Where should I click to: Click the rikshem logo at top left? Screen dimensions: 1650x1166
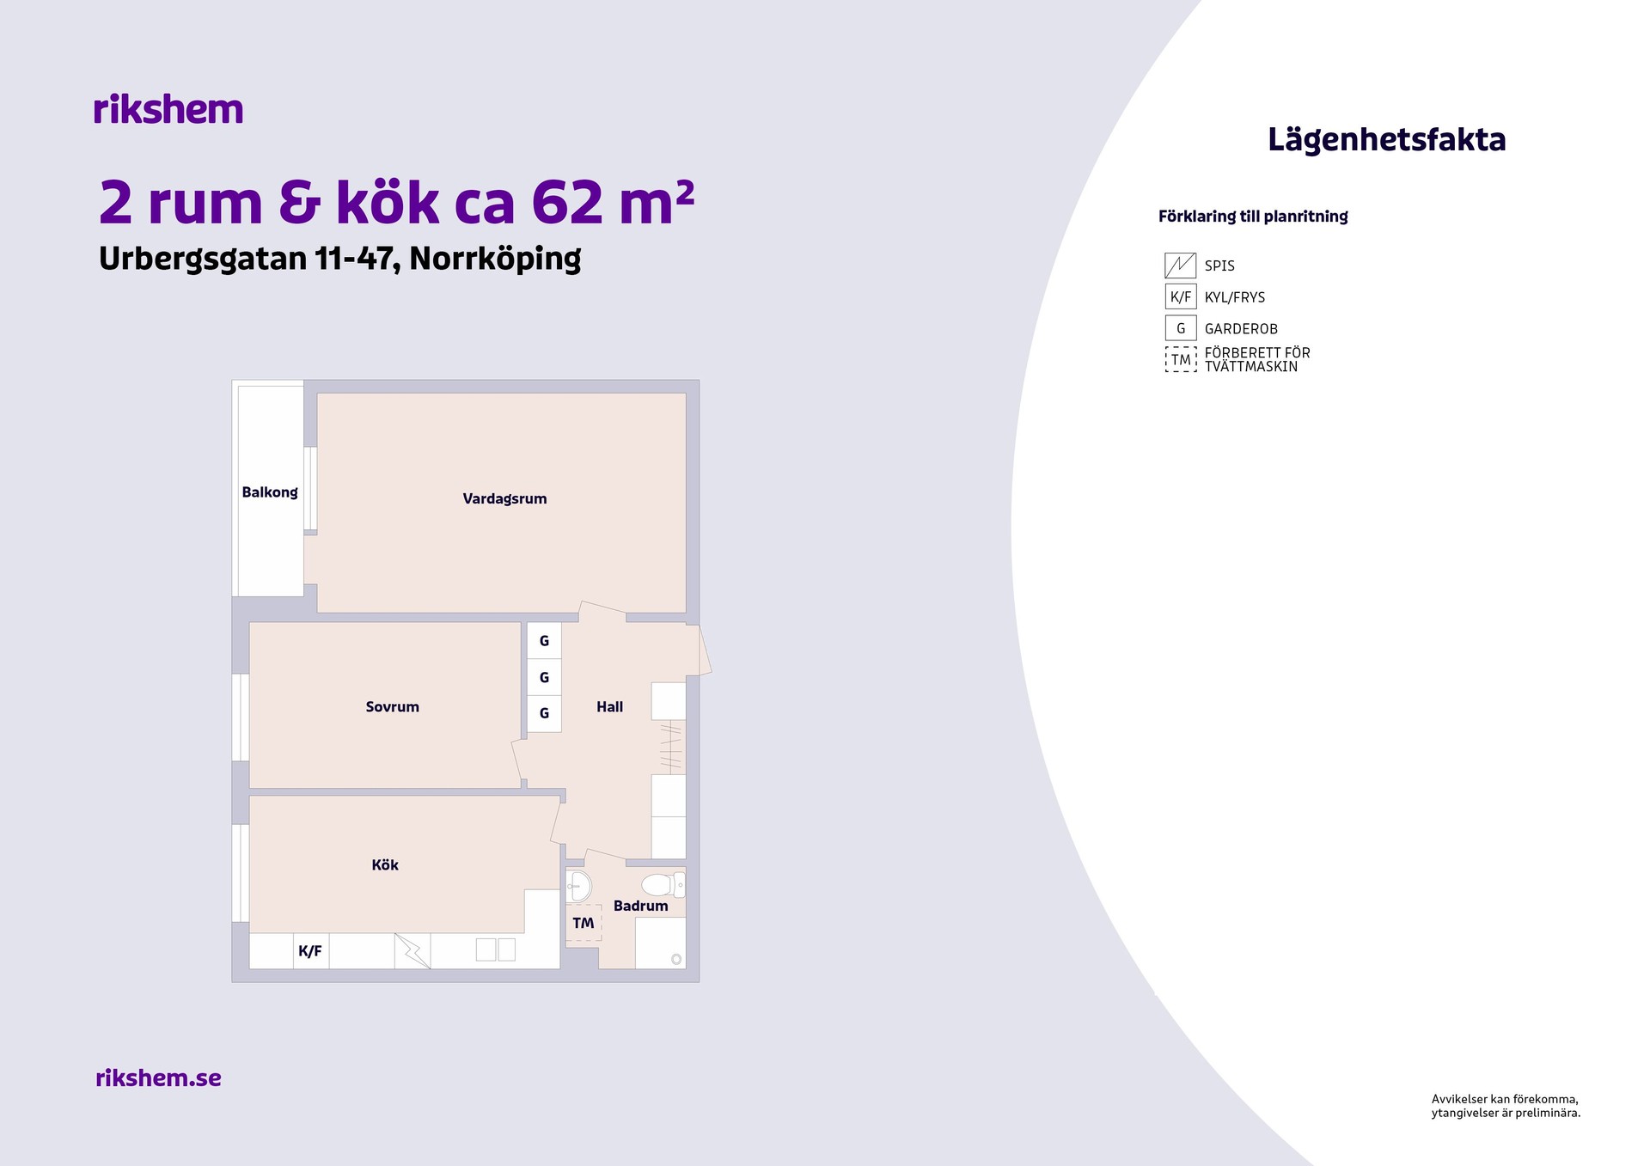(168, 109)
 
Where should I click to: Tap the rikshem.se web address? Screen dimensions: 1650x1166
(158, 1077)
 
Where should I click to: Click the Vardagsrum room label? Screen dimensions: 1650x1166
(504, 499)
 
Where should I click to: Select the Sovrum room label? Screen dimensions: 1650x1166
(393, 707)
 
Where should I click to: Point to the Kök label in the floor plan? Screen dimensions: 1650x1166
(385, 864)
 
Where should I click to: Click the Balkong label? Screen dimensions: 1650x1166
(270, 492)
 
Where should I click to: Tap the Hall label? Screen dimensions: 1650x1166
(609, 707)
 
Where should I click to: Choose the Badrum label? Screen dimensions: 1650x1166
(640, 906)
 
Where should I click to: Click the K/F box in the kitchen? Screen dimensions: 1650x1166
(310, 951)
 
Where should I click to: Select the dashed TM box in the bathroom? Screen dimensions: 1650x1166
(584, 923)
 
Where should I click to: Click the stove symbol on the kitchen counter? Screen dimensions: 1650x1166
(412, 951)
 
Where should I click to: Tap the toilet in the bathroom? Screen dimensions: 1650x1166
(663, 884)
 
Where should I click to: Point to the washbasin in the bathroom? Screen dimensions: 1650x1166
(579, 886)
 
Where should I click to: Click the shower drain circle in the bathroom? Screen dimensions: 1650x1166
(676, 959)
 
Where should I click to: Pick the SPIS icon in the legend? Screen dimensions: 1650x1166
(1180, 266)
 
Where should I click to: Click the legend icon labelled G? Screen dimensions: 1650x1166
(1181, 328)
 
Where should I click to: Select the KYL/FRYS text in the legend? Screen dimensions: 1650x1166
(1235, 297)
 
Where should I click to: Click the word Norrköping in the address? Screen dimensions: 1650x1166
(495, 259)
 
